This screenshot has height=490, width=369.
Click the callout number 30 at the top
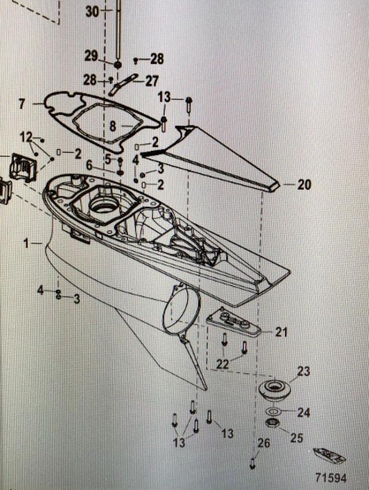91,11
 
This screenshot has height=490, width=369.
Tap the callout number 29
91,56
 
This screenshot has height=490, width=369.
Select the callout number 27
151,80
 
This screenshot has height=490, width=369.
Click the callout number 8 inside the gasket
112,126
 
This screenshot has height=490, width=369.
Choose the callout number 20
305,184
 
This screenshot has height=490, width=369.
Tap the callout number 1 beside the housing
26,243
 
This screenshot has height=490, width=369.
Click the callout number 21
281,332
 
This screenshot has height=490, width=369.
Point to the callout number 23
304,371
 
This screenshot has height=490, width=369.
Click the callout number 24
304,412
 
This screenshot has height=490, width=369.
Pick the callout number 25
297,438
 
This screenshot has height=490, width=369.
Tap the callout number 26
263,443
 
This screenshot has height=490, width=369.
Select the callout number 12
26,135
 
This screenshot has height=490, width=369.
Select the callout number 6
89,165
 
